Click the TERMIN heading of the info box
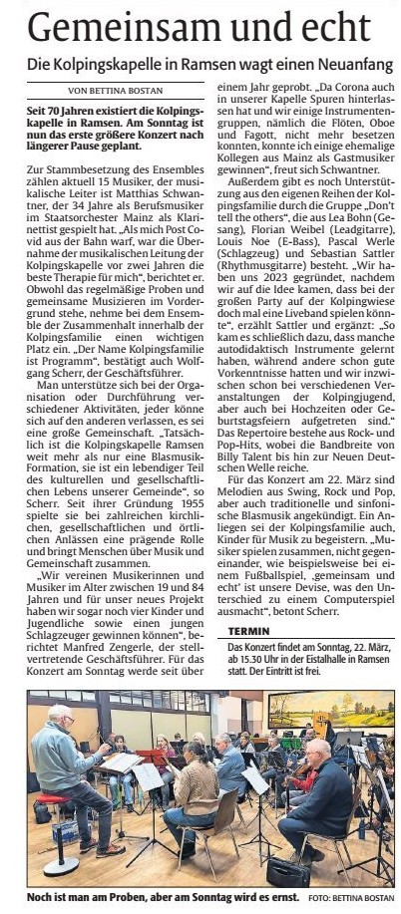click(x=249, y=604)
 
